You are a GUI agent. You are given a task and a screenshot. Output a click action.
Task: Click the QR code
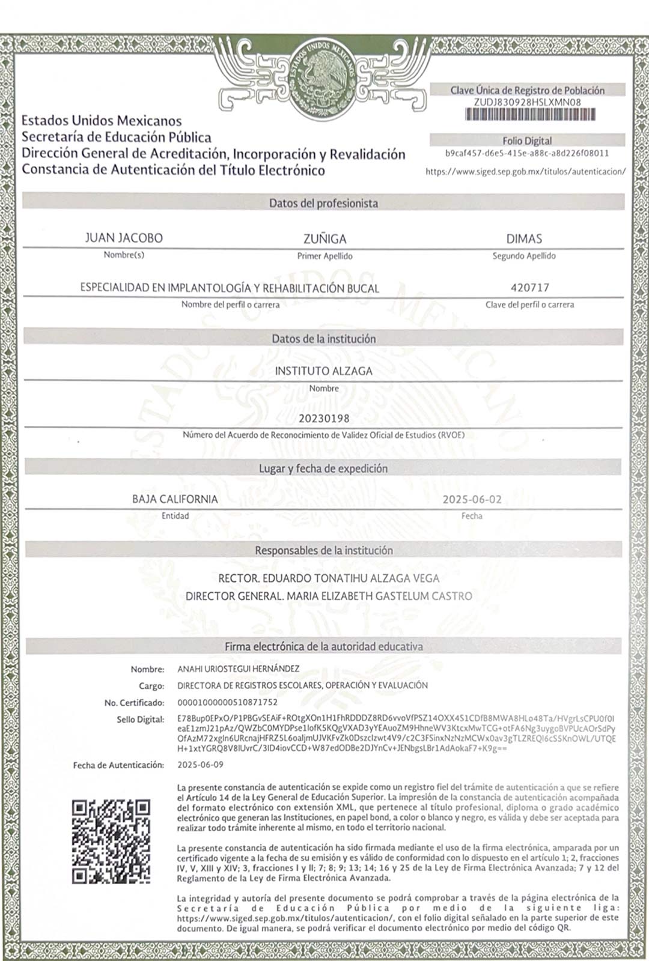click(x=111, y=841)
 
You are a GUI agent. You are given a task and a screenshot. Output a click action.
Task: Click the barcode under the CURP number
click(x=527, y=115)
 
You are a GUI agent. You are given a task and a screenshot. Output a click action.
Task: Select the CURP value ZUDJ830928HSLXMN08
click(x=527, y=102)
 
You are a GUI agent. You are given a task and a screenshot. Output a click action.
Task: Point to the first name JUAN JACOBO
click(x=124, y=238)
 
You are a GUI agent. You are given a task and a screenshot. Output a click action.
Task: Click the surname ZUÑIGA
click(x=324, y=238)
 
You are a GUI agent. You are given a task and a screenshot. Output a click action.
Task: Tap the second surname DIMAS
click(x=524, y=238)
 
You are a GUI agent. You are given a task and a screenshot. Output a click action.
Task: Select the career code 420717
click(x=529, y=288)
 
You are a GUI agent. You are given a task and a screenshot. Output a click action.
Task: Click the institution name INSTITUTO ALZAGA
click(x=324, y=371)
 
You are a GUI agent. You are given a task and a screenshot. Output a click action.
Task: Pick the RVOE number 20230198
click(x=324, y=418)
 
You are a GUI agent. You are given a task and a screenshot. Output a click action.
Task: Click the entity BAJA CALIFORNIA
click(x=175, y=499)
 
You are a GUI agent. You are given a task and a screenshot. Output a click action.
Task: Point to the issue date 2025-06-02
click(x=472, y=499)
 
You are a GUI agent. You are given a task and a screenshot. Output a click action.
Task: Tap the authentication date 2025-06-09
click(x=200, y=765)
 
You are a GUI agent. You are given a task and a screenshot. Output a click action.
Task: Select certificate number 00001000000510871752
click(x=228, y=702)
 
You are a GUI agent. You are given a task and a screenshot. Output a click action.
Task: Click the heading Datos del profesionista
click(x=323, y=203)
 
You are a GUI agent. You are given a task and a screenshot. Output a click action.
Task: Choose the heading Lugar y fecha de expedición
click(x=323, y=468)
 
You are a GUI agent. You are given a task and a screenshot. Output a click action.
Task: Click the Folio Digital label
click(x=527, y=141)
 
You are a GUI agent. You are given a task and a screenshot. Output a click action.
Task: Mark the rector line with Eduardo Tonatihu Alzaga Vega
click(x=329, y=578)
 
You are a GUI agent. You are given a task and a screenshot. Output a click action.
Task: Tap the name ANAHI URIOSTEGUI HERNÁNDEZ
click(x=238, y=668)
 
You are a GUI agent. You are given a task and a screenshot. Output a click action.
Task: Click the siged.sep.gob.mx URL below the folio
click(x=525, y=171)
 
